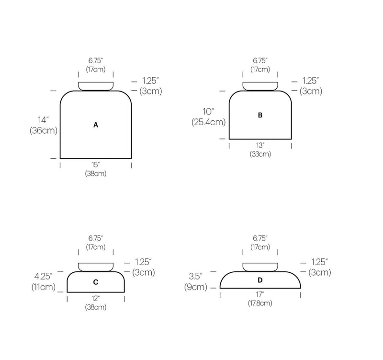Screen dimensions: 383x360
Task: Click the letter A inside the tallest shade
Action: [96, 125]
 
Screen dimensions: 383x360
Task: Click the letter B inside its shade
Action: [260, 115]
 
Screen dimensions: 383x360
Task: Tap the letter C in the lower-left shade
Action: [96, 282]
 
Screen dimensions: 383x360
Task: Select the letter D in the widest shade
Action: [260, 280]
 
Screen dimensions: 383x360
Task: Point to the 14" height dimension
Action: [43, 120]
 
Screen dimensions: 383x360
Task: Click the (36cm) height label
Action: [44, 130]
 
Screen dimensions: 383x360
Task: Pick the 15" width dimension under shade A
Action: [96, 165]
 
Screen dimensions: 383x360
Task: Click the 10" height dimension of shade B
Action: [208, 112]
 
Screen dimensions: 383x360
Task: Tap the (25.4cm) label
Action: [209, 122]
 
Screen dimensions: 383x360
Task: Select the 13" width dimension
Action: [260, 146]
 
